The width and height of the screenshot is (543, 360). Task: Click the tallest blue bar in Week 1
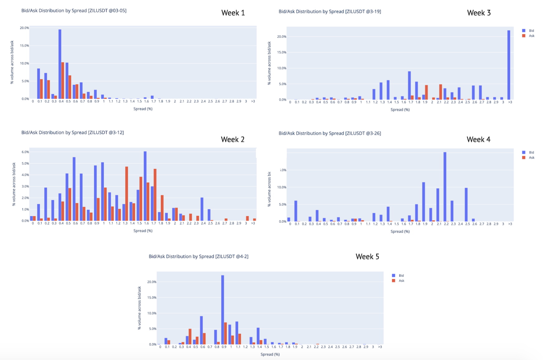60,64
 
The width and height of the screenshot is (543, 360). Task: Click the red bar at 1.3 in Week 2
127,193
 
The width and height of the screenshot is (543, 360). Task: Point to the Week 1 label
233,13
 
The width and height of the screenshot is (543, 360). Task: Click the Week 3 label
479,13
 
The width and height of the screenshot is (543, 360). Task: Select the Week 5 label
367,256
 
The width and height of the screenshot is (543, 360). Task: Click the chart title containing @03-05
74,11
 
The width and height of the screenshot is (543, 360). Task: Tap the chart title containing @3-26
329,133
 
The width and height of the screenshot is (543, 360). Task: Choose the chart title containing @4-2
198,256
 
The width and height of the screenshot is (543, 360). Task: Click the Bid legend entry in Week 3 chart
531,31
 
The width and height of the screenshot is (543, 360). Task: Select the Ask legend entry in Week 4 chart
531,158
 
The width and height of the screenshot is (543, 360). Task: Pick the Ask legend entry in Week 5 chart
401,281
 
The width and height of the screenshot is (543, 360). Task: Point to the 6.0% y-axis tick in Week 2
25,152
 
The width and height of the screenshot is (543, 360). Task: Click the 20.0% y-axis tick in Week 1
24,28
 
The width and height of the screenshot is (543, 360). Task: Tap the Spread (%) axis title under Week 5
270,354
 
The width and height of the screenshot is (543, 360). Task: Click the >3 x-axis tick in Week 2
253,223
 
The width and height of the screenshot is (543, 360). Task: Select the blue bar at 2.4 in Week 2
202,209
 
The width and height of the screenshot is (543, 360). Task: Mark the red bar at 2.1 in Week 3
440,92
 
